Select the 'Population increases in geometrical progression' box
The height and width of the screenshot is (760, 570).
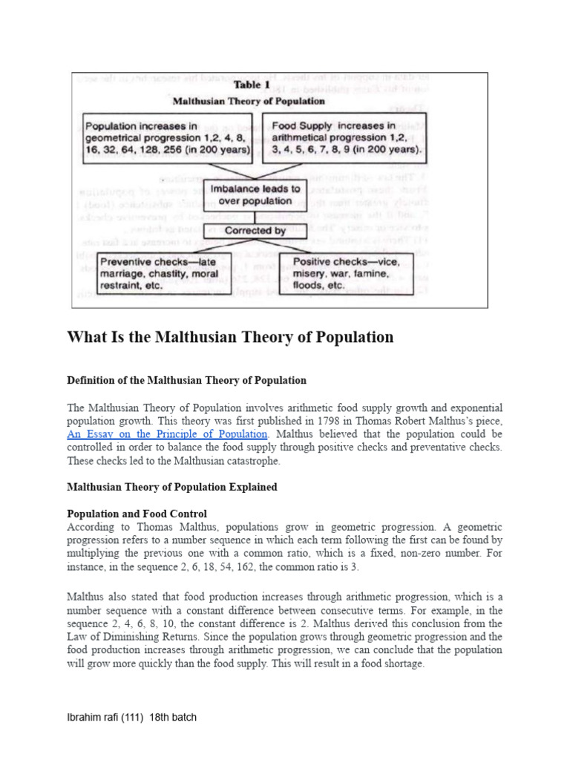point(168,138)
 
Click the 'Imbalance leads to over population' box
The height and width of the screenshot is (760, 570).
point(256,194)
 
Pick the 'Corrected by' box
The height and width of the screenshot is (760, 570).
point(255,231)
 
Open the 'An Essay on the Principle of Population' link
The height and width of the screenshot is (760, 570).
point(167,433)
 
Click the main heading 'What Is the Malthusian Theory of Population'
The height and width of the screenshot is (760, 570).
point(230,338)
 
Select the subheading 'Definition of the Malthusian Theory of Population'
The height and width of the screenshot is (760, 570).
point(186,380)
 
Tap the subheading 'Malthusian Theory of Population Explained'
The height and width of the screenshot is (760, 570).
point(172,488)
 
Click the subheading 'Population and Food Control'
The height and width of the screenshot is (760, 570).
point(137,514)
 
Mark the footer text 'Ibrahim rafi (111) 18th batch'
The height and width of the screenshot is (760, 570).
point(131,718)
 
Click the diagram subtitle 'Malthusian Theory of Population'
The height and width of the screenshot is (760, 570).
point(249,100)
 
